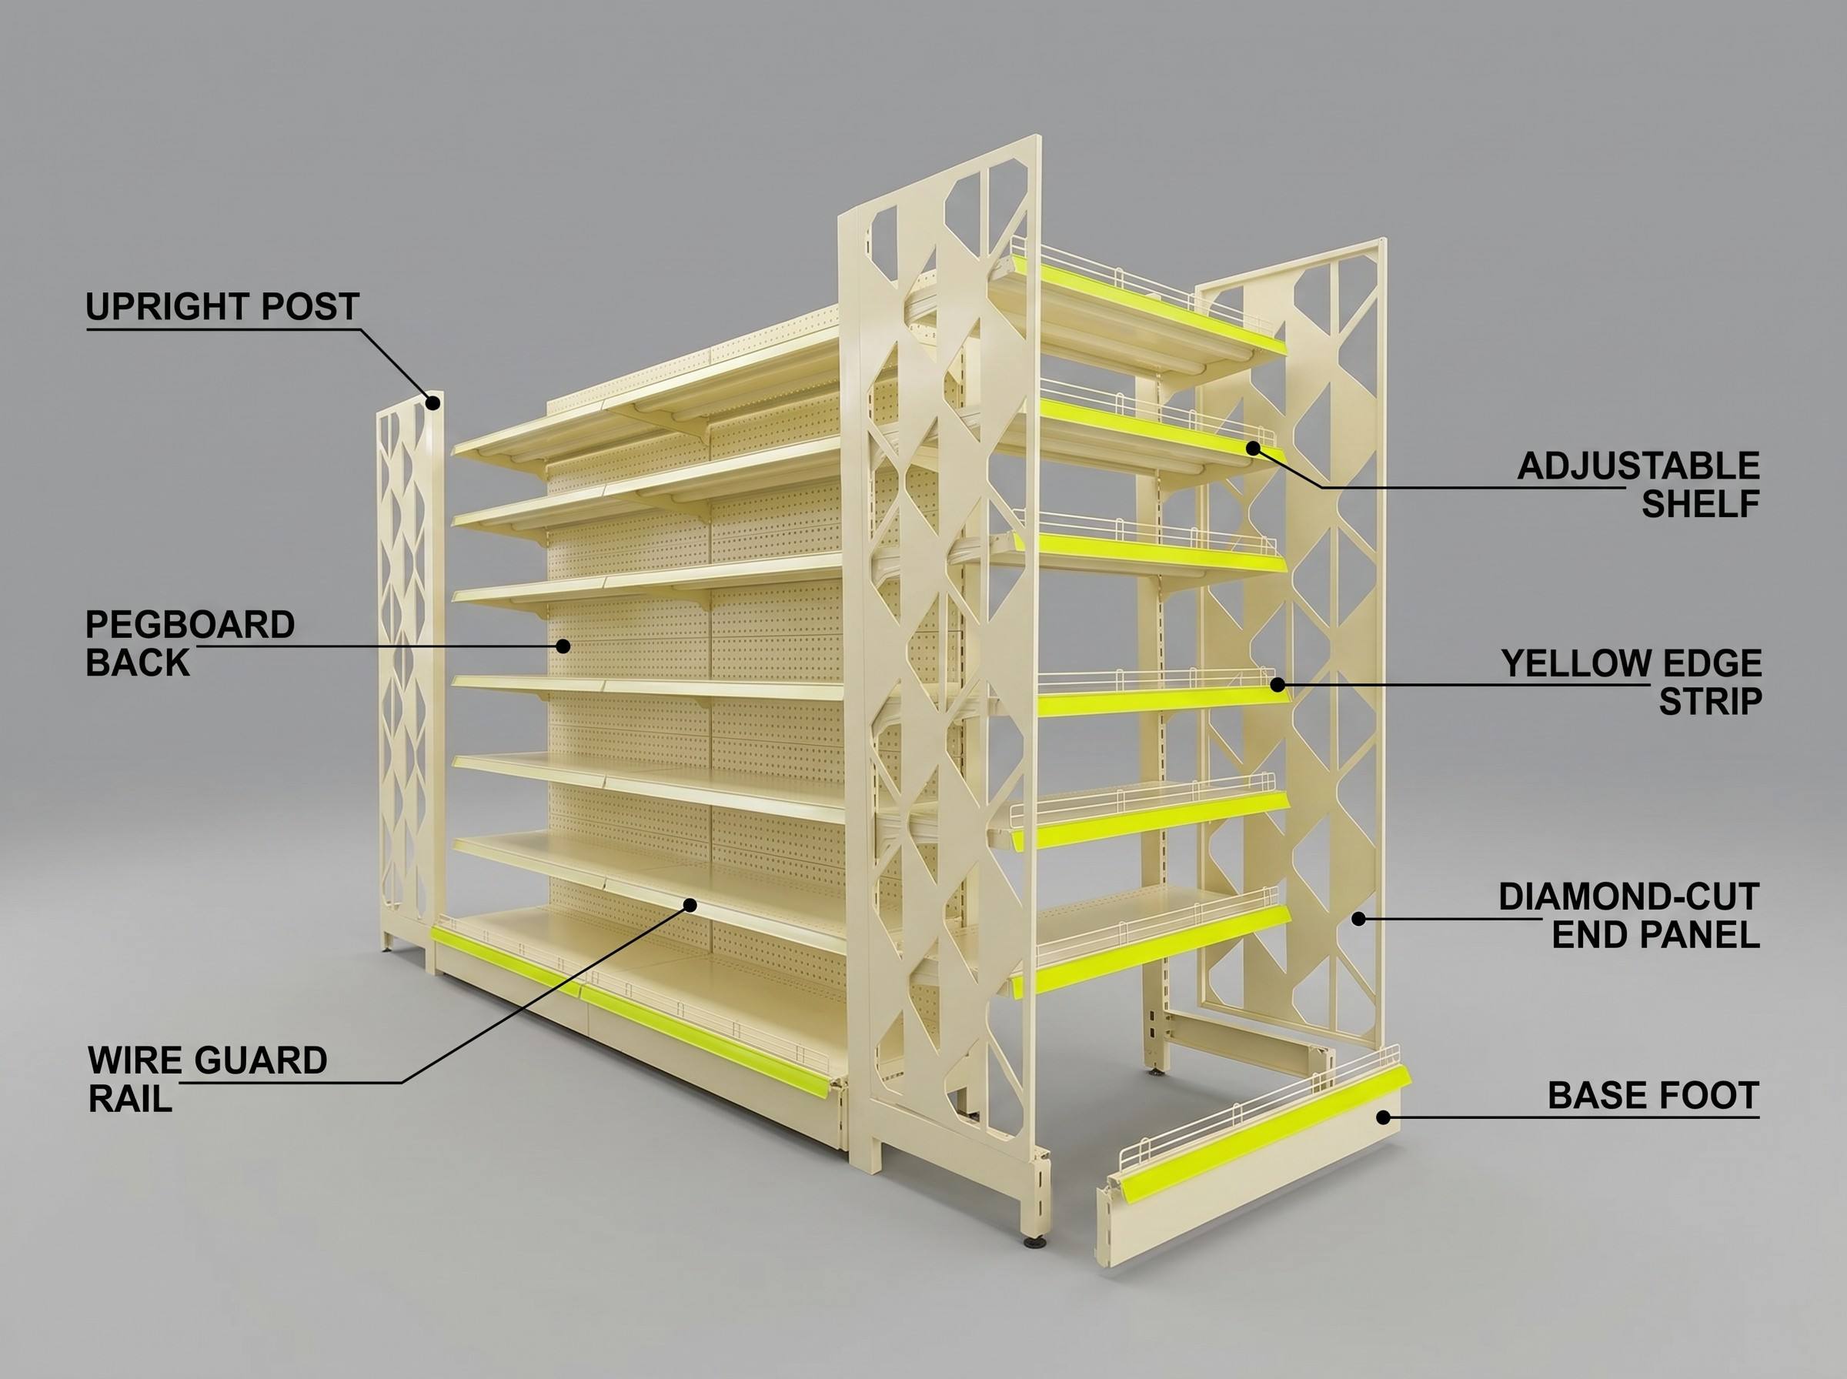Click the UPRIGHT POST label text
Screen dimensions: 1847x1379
coord(222,306)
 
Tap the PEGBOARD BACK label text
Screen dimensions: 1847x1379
coord(190,643)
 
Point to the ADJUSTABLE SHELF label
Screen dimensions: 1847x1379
coord(1638,484)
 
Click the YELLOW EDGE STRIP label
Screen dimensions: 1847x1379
coord(1632,683)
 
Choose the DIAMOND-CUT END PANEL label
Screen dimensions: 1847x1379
coord(1629,915)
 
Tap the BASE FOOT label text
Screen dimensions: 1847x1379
coord(1653,1095)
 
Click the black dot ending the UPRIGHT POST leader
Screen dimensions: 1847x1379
coord(433,402)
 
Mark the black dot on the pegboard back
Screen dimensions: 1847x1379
coord(563,646)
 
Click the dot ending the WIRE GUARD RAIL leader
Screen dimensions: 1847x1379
coord(690,904)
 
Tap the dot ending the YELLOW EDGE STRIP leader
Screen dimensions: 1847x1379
coord(1277,684)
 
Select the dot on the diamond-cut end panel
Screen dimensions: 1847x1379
coord(1359,918)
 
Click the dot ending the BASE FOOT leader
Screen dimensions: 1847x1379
coord(1383,1117)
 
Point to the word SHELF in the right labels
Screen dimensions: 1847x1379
coord(1701,503)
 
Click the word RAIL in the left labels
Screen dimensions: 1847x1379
coord(130,1099)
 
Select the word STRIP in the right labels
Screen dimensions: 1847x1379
coord(1710,702)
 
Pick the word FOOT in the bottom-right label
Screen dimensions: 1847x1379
coord(1709,1095)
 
